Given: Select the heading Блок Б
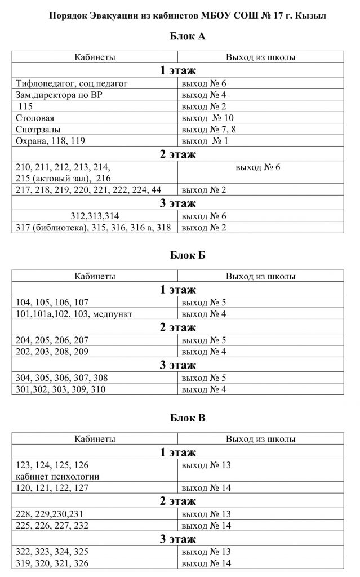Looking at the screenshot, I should (x=179, y=255).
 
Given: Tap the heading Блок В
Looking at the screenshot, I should (x=179, y=418).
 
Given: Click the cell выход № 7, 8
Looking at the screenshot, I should (x=205, y=130).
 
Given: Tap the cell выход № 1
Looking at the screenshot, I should (x=205, y=141).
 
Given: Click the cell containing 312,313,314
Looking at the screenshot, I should (x=95, y=215).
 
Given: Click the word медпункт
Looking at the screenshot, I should (x=113, y=314).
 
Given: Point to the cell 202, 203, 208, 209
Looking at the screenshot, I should (x=53, y=352).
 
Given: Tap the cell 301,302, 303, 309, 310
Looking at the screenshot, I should (x=61, y=389).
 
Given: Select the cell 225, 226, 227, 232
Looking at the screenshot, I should (x=53, y=526).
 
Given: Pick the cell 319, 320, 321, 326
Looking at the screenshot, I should (x=53, y=563).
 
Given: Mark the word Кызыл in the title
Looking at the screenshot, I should (x=309, y=15).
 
